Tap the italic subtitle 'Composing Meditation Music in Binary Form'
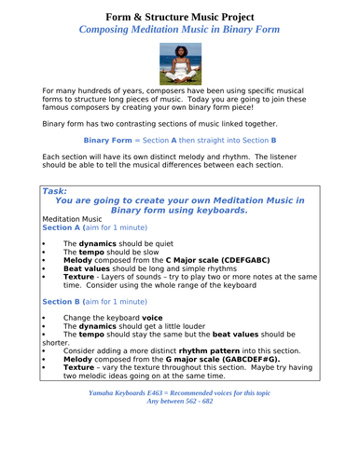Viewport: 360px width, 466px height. coord(179,30)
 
